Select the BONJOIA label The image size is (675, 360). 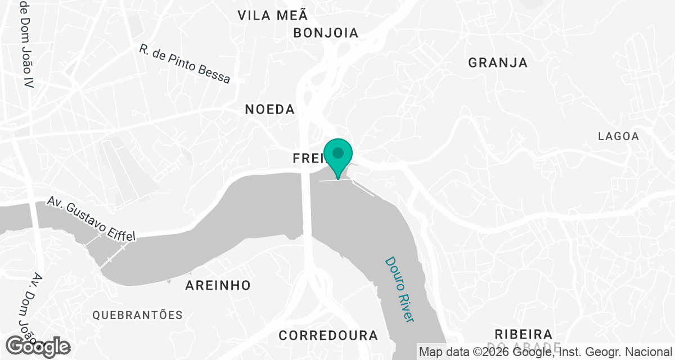[326, 33]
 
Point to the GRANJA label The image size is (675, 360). [498, 63]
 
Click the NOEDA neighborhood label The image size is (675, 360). [269, 110]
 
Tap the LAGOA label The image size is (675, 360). [618, 136]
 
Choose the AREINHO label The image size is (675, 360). [218, 286]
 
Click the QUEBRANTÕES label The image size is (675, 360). [138, 315]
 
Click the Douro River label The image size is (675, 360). [399, 290]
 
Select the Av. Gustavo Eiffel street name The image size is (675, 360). [91, 219]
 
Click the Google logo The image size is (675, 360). [38, 346]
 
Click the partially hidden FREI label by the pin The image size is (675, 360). [307, 159]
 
